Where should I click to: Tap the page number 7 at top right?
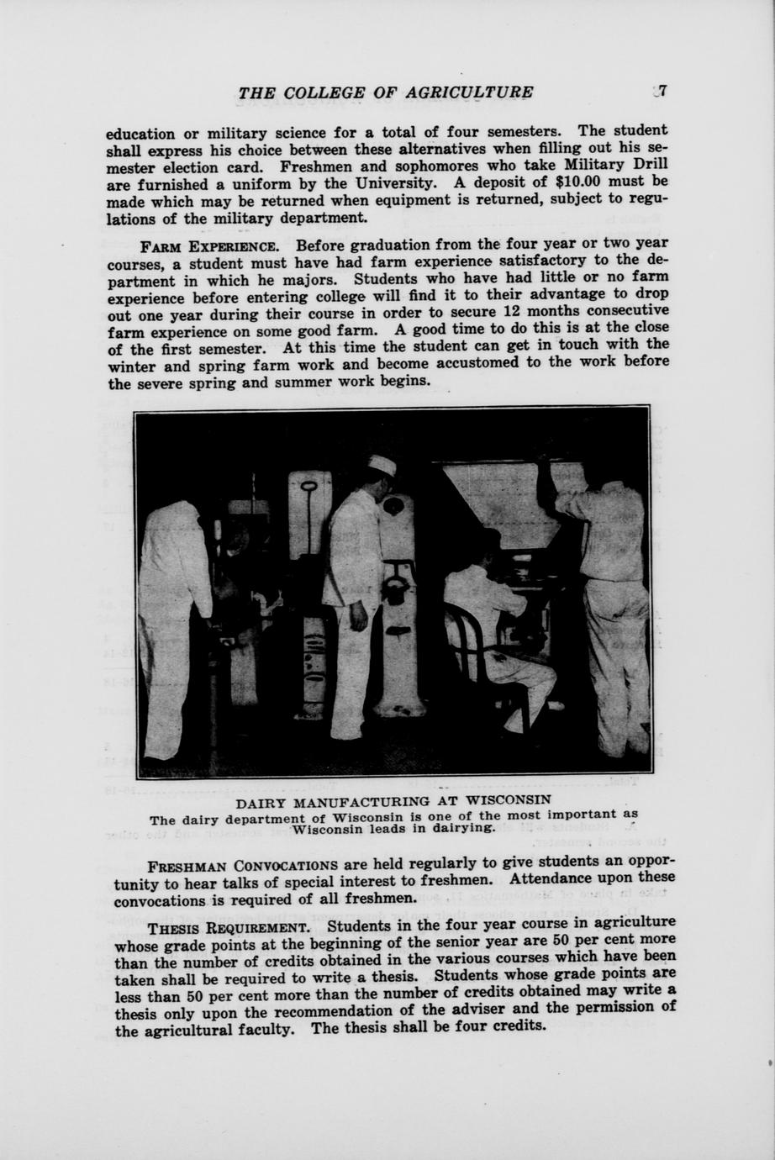coord(662,92)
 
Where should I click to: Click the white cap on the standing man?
coord(382,465)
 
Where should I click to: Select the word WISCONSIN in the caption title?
coord(504,799)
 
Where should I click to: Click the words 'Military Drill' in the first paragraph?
coord(623,164)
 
